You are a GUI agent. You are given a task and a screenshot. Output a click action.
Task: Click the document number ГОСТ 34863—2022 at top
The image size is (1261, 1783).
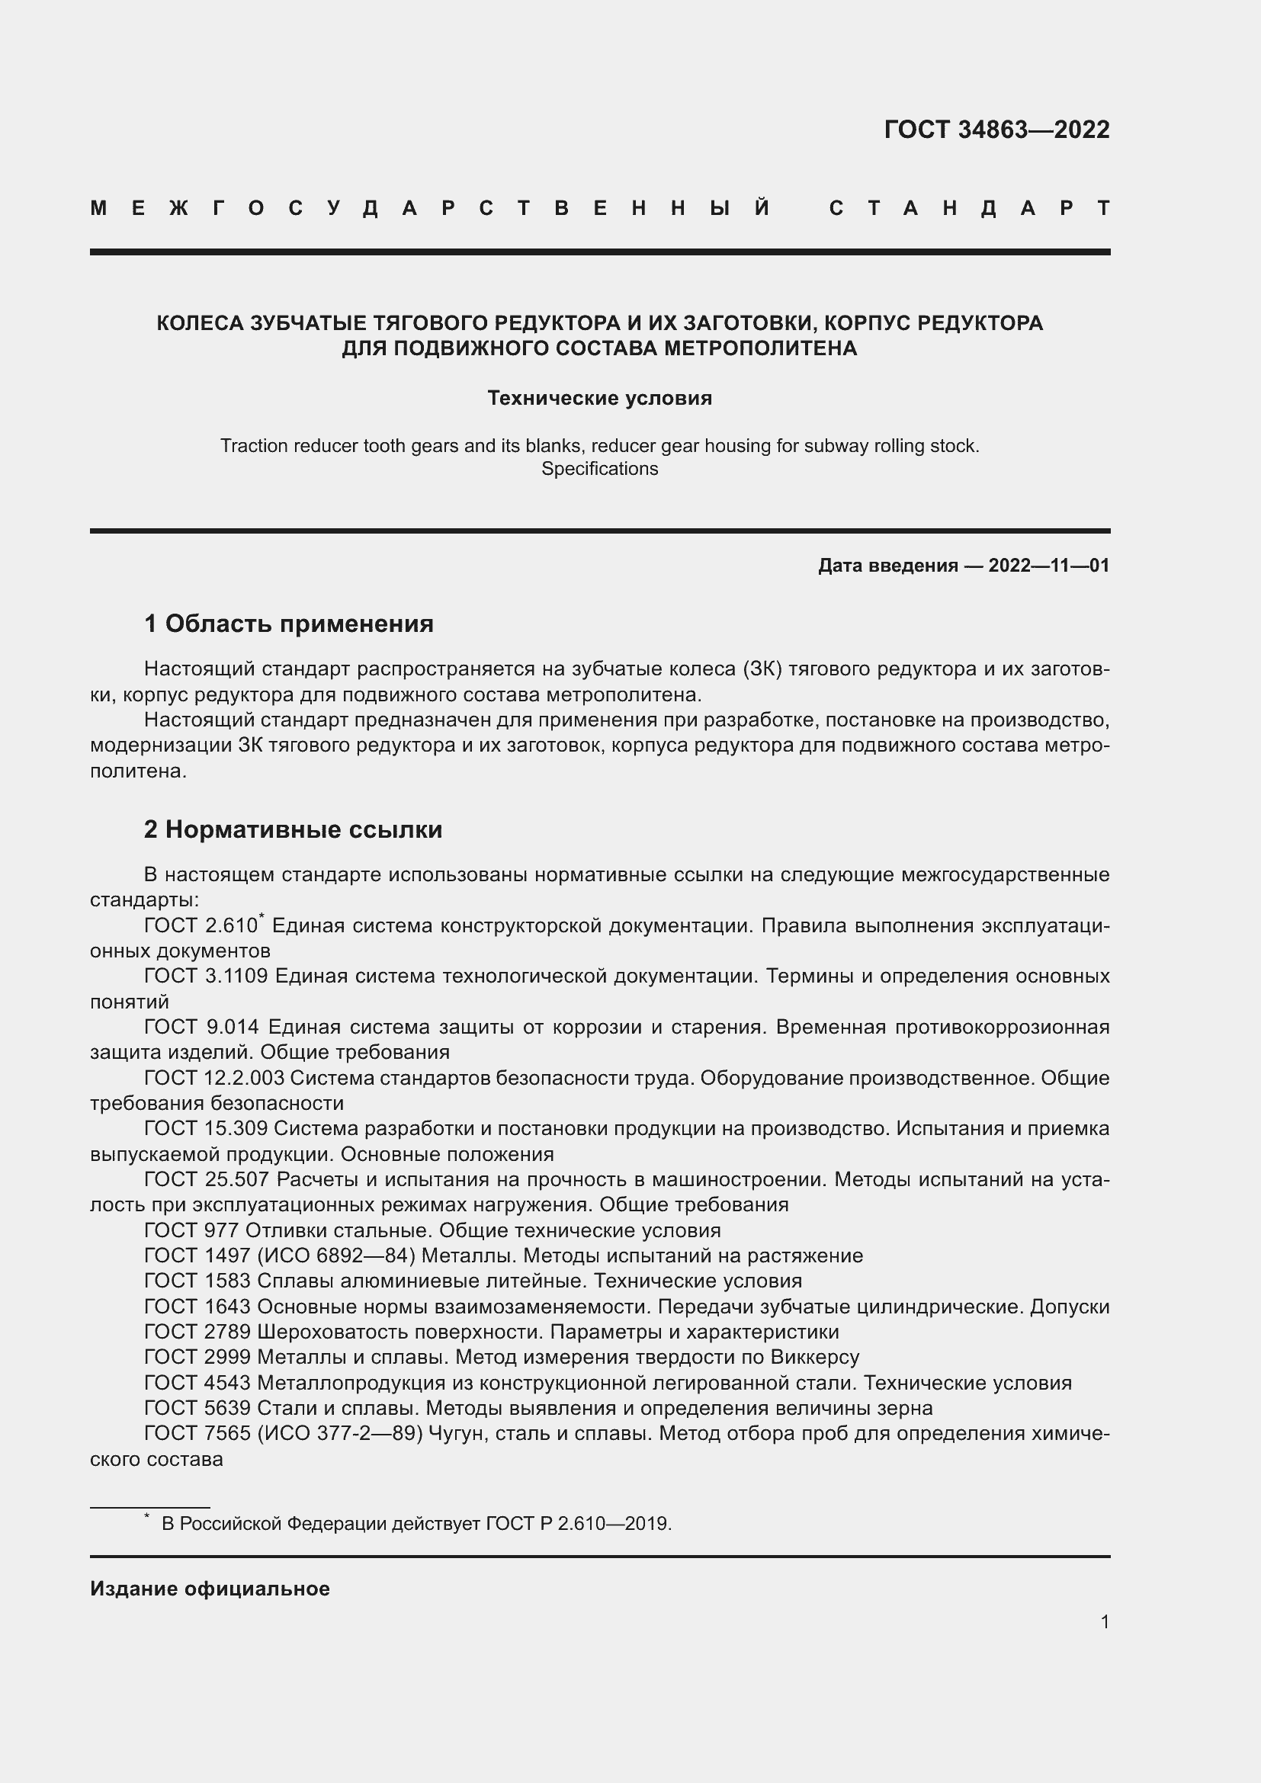pos(996,130)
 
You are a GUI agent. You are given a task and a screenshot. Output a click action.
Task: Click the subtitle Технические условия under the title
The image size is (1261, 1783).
pos(599,399)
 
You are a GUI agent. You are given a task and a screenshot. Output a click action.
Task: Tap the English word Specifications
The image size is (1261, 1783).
pos(599,469)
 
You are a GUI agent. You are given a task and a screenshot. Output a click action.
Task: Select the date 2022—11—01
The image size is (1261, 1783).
pos(1048,566)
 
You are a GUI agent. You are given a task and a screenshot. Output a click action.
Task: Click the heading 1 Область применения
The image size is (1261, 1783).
pos(289,624)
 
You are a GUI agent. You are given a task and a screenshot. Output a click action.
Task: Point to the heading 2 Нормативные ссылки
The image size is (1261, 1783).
pos(293,829)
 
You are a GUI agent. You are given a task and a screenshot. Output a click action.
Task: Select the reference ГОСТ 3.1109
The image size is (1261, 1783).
pos(206,976)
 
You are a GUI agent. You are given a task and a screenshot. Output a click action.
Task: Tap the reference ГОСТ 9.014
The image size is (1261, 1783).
pos(201,1027)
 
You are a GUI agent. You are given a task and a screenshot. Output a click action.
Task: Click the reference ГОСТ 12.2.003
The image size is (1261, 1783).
pos(214,1078)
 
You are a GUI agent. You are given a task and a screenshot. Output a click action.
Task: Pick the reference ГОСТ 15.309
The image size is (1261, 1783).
pos(206,1128)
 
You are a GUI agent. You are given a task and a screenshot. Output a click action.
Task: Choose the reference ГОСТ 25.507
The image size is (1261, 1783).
pos(206,1179)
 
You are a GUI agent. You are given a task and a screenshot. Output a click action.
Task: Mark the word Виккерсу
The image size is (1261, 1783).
pos(815,1358)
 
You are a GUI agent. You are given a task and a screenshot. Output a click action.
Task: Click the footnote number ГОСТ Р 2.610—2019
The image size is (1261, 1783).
pos(578,1524)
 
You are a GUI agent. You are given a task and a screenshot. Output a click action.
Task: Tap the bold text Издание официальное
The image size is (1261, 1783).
pos(210,1589)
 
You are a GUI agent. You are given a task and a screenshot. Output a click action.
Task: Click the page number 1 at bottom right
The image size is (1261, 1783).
pos(1105,1621)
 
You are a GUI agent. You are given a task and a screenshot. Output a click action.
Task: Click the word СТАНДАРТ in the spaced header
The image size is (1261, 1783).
pos(969,208)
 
